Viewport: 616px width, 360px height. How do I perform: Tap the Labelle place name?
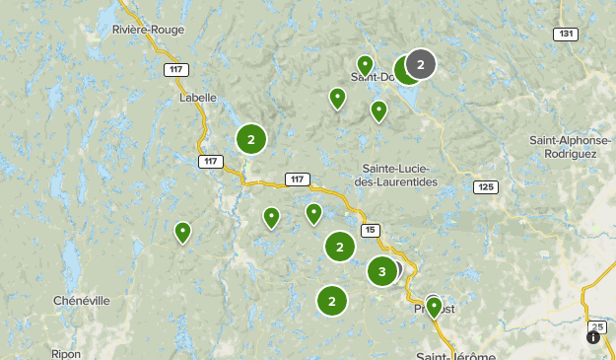(x=197, y=97)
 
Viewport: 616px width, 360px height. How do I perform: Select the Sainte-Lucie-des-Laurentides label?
(x=399, y=174)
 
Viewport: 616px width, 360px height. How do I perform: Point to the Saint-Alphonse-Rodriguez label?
(x=571, y=147)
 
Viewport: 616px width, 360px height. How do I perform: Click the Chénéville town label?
(x=82, y=300)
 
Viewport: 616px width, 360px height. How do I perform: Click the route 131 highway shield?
(x=565, y=35)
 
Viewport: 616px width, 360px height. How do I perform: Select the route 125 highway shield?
(x=484, y=186)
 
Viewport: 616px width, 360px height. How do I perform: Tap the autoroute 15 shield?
(x=370, y=230)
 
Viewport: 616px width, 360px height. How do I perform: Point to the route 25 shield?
(x=596, y=326)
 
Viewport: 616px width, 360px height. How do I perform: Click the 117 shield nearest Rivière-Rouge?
(x=176, y=69)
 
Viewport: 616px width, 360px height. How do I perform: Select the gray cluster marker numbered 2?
(x=421, y=65)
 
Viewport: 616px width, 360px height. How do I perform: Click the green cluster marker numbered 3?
(x=382, y=270)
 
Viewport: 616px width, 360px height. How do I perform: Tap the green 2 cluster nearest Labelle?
(x=251, y=140)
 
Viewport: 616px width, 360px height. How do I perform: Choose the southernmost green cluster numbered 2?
(x=332, y=301)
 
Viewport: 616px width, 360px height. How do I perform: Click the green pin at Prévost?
(x=434, y=306)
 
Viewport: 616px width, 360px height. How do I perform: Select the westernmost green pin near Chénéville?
(x=182, y=232)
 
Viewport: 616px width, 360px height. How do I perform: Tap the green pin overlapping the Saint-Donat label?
(x=366, y=65)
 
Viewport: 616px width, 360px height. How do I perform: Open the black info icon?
(x=593, y=337)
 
